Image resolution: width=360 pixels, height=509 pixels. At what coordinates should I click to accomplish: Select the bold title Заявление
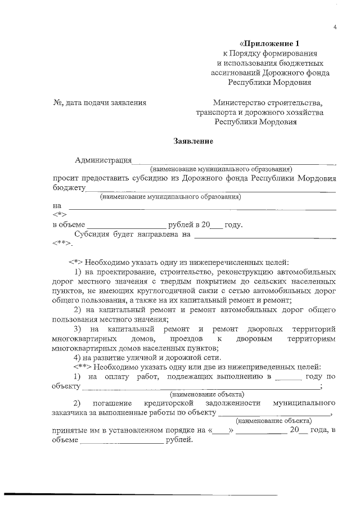tap(193, 141)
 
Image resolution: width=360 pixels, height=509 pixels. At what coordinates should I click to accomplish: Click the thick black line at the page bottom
tap(141, 494)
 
